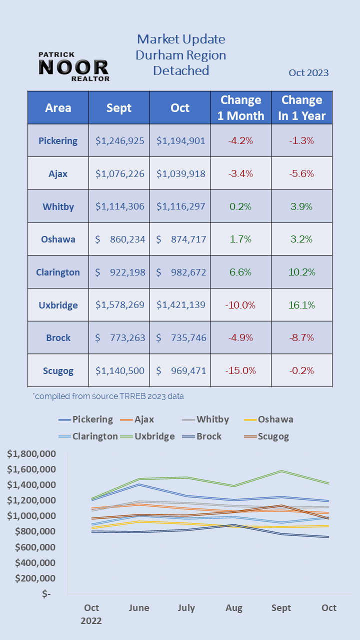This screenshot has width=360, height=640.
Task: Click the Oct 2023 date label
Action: [308, 72]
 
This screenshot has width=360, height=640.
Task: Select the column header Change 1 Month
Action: [241, 107]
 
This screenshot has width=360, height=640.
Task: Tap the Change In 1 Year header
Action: [302, 107]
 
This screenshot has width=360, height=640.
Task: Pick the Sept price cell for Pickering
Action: [120, 140]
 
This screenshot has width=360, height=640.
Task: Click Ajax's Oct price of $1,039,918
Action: [180, 173]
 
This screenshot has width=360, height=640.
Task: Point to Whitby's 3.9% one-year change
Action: [301, 206]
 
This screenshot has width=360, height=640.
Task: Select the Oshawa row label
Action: [58, 239]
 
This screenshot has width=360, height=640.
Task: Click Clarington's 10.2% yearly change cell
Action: [301, 272]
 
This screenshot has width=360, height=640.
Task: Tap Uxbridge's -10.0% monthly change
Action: [240, 305]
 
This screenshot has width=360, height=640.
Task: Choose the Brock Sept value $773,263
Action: [120, 337]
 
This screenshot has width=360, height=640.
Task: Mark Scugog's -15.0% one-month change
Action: [240, 370]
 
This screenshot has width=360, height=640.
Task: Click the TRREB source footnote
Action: [108, 396]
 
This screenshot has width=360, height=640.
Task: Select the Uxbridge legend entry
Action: [148, 436]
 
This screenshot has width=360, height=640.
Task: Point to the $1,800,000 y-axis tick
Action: [31, 454]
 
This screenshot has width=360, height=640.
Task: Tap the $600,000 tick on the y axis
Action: [35, 547]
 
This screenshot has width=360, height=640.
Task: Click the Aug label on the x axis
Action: [234, 608]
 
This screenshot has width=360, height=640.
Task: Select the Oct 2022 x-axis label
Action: [91, 614]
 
